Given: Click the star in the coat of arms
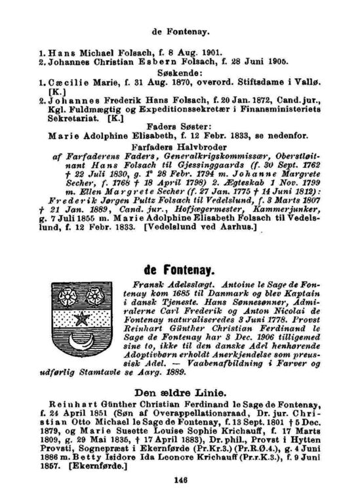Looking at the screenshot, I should pyautogui.click(x=82, y=319).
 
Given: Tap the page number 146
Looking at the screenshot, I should pyautogui.click(x=182, y=479).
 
